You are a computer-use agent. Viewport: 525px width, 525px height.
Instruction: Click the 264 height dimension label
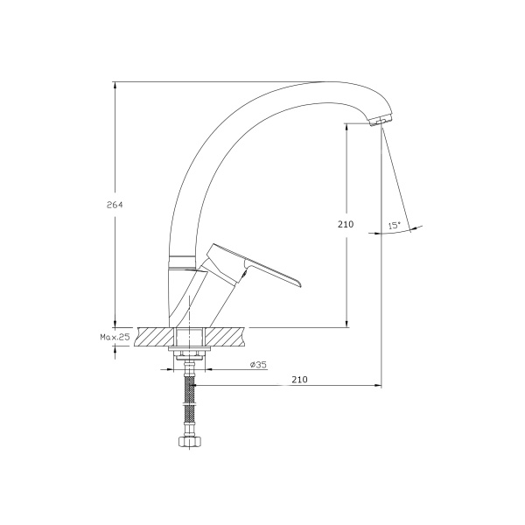115,205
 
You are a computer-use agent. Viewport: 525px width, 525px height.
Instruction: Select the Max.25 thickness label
115,337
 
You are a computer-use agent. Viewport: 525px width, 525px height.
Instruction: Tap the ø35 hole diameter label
258,364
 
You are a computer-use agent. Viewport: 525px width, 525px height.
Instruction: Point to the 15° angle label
395,226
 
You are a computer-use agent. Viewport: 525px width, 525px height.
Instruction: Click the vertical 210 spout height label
346,224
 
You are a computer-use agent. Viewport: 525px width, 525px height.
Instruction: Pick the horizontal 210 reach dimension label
299,380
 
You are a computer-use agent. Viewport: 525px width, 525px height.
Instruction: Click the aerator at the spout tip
381,121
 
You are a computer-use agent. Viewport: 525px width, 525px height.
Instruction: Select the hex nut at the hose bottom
190,442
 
